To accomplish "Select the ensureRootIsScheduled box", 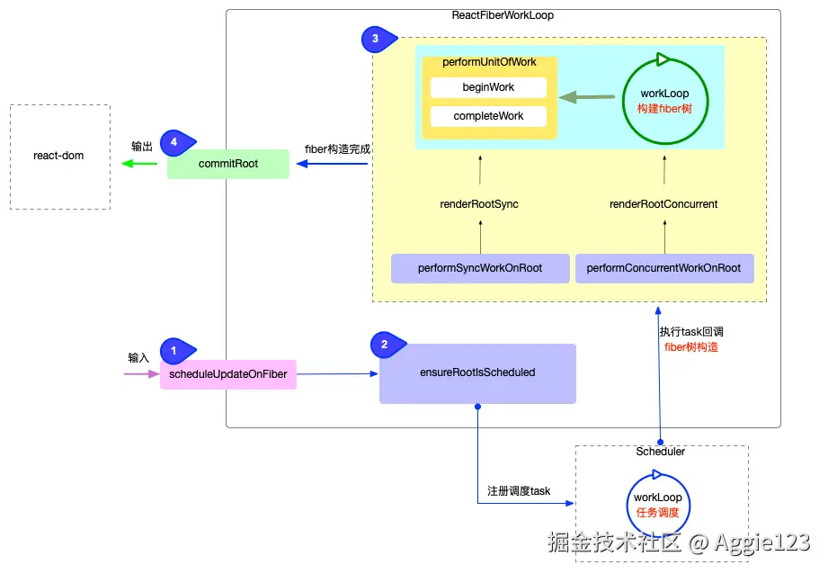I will pyautogui.click(x=477, y=372).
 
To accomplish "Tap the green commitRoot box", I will pyautogui.click(x=228, y=164).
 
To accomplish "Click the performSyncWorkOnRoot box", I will pyautogui.click(x=480, y=268).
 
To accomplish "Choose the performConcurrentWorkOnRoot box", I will pyautogui.click(x=663, y=268).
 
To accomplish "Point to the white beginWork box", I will pyautogui.click(x=488, y=87).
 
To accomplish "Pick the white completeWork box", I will pyautogui.click(x=488, y=116).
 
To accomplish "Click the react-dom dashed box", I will pyautogui.click(x=59, y=157).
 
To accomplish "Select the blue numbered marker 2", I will pyautogui.click(x=385, y=344).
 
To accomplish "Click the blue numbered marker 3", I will pyautogui.click(x=374, y=39).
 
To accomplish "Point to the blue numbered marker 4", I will pyautogui.click(x=174, y=141).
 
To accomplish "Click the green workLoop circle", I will pyautogui.click(x=664, y=101).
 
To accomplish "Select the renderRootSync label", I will pyautogui.click(x=479, y=204).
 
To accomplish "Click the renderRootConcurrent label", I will pyautogui.click(x=663, y=204).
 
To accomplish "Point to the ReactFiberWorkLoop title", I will pyautogui.click(x=503, y=16).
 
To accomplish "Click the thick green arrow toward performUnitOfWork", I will pyautogui.click(x=588, y=96).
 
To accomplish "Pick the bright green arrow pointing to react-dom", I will pyautogui.click(x=139, y=164).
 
